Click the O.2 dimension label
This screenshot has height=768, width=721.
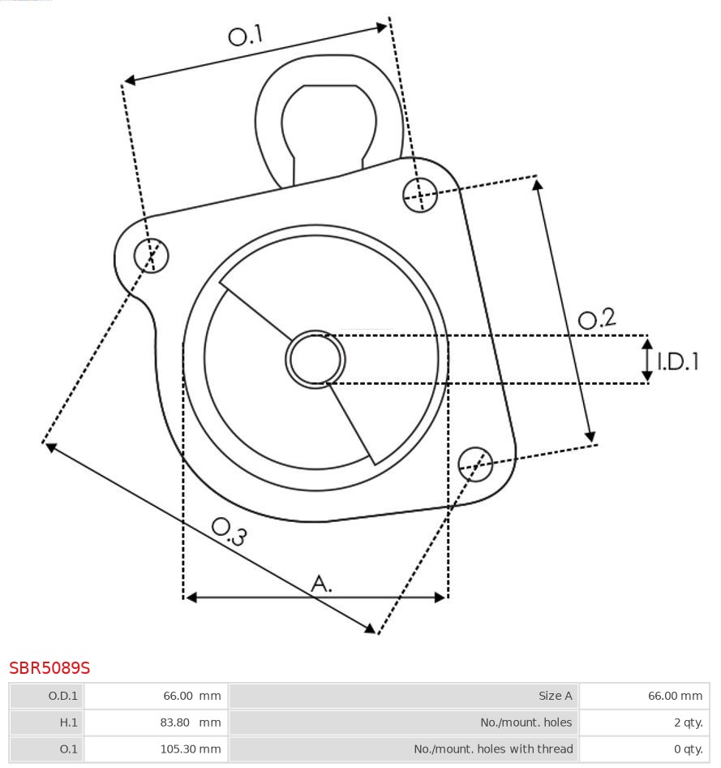point(596,318)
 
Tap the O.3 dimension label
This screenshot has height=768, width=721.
point(229,531)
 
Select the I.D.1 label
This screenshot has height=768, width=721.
point(677,361)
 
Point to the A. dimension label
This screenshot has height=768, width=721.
point(322,583)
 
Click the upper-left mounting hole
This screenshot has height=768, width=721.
point(151,256)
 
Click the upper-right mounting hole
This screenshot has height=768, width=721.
point(420,194)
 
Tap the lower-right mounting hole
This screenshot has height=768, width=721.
point(475,463)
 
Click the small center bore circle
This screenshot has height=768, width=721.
point(315,359)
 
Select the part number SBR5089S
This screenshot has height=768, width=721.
point(49,668)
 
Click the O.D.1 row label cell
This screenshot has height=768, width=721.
point(46,696)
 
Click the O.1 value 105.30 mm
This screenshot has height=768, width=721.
point(190,749)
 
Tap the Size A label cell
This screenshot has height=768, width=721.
point(404,696)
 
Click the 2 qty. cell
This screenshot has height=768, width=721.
point(644,723)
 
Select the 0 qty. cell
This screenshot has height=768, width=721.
point(644,749)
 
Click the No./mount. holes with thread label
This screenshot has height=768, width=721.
point(404,749)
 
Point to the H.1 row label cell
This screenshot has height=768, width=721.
point(46,723)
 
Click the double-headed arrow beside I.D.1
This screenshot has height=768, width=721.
point(647,360)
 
